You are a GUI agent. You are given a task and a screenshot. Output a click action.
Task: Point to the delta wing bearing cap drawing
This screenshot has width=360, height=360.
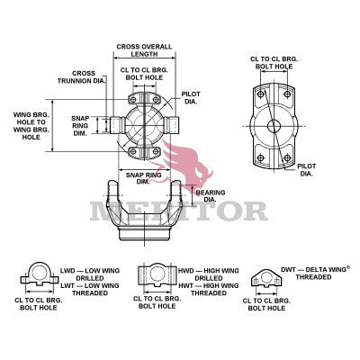tap(267, 280)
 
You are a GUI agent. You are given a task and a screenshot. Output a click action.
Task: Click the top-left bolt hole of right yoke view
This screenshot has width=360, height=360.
tap(260, 94)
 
